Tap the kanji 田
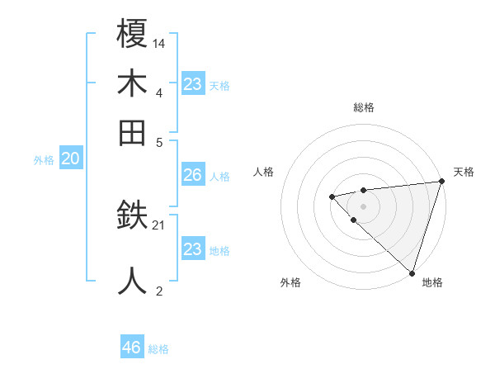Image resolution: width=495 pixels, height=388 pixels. [132, 131]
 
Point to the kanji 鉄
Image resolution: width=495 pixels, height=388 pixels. [132, 217]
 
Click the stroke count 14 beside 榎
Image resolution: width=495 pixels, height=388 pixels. [159, 42]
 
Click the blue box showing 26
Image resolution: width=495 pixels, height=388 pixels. [192, 175]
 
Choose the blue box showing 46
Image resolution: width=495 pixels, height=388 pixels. [132, 348]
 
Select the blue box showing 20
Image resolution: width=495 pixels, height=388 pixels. [70, 159]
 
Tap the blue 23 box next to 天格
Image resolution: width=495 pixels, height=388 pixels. [192, 84]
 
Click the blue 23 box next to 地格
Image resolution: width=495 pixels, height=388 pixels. [192, 249]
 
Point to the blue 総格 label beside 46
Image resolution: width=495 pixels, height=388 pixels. [158, 349]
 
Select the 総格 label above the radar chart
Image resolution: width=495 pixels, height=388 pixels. [364, 107]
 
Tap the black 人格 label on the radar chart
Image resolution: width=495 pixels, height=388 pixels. [264, 172]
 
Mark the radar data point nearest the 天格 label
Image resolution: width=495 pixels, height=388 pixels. [441, 182]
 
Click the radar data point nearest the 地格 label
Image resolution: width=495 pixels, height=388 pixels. [412, 272]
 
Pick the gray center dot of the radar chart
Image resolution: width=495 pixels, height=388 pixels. [363, 206]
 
